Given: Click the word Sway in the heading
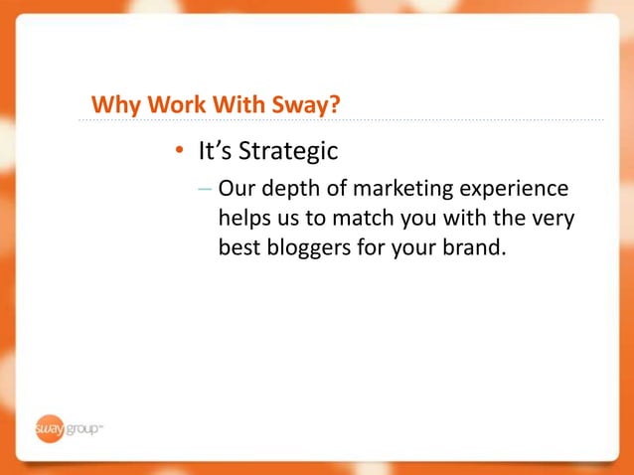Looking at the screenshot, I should tap(296, 104).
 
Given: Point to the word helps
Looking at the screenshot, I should tap(244, 217).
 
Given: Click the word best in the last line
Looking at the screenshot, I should tap(239, 245).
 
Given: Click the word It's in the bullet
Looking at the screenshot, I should tap(214, 152).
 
